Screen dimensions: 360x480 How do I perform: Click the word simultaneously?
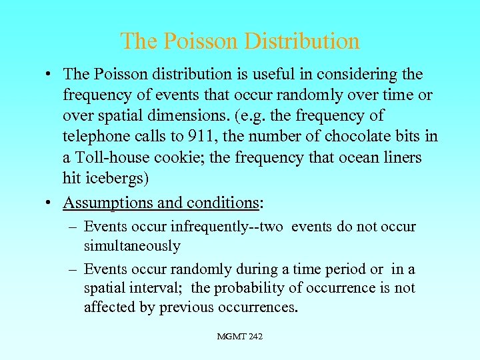pyautogui.click(x=132, y=246)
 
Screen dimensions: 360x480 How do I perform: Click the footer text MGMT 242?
pyautogui.click(x=240, y=337)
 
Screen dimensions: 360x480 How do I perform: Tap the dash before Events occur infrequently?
pyautogui.click(x=73, y=227)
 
